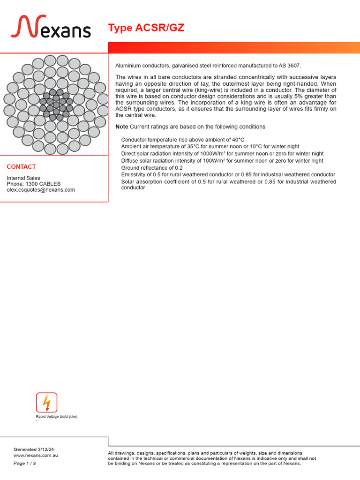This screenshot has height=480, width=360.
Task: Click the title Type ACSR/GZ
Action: point(146,28)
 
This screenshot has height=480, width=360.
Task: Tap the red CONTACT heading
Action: point(21,167)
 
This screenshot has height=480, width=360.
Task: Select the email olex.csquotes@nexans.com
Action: point(41,190)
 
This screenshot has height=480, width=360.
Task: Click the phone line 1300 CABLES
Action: point(34,184)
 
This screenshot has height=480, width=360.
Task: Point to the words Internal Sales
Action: point(23,178)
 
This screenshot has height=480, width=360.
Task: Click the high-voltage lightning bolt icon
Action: point(46,403)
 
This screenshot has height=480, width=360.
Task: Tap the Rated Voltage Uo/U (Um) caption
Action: point(57,417)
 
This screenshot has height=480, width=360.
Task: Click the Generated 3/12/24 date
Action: point(30,449)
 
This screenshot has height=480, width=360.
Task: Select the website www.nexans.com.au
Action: point(36,455)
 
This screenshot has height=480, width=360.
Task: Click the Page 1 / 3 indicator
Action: point(24,464)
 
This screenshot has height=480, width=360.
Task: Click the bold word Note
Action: point(121,127)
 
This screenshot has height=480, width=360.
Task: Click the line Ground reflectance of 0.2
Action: point(152,168)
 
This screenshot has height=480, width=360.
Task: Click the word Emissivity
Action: point(134,175)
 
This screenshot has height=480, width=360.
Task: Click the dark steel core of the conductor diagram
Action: point(56,105)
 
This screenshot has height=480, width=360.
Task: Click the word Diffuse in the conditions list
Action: point(129,161)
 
